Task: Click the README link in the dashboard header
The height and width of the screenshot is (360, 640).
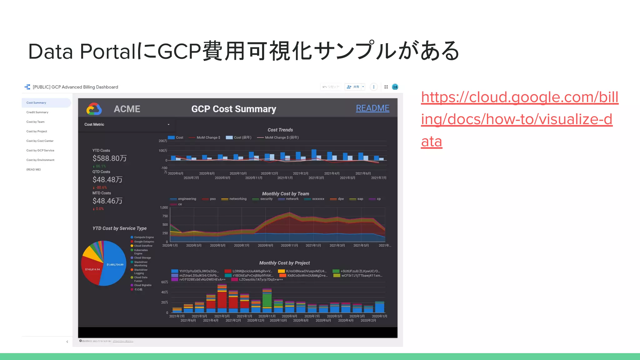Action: click(372, 108)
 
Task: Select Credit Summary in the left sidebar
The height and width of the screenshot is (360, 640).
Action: click(37, 112)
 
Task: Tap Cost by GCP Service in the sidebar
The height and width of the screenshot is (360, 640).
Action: click(40, 150)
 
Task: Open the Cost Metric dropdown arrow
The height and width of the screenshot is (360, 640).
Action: click(168, 124)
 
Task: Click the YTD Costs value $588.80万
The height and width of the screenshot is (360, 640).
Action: click(109, 158)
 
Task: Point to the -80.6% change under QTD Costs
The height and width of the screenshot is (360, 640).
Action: click(101, 187)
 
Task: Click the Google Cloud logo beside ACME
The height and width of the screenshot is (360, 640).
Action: click(94, 109)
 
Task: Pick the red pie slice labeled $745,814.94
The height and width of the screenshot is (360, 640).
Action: click(92, 269)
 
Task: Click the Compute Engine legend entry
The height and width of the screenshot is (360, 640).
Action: click(144, 237)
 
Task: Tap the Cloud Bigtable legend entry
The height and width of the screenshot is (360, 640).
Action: click(142, 285)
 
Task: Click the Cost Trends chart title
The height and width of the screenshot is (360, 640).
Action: click(280, 130)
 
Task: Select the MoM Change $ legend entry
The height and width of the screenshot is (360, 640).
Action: click(208, 137)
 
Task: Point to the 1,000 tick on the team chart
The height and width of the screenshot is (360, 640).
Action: click(164, 207)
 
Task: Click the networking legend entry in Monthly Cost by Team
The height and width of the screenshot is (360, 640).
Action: click(237, 199)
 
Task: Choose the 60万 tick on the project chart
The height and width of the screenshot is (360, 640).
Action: click(165, 282)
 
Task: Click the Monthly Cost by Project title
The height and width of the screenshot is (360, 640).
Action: click(284, 263)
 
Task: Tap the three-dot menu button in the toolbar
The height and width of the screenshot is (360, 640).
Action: click(374, 87)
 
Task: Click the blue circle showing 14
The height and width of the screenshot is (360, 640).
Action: click(395, 87)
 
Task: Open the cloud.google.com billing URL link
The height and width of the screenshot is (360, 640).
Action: click(519, 119)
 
